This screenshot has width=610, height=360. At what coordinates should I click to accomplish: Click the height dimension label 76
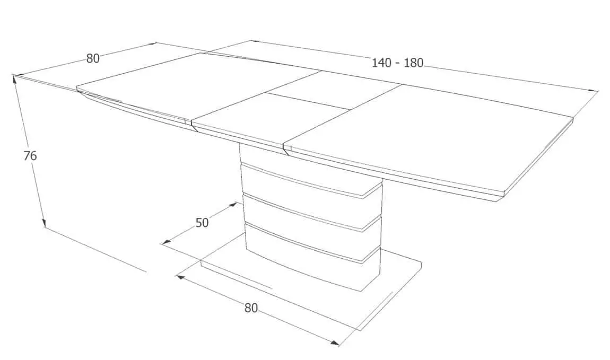[x=30, y=155]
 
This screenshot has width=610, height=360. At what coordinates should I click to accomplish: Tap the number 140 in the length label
[x=381, y=63]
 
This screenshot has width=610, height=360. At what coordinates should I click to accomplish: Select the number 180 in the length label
[x=413, y=63]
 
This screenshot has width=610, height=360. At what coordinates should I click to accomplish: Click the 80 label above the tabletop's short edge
[x=93, y=58]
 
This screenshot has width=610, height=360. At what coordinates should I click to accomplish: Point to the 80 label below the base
[x=251, y=308]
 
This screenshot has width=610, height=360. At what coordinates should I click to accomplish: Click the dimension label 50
[x=202, y=223]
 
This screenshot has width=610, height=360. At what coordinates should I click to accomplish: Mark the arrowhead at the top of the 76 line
[x=15, y=79]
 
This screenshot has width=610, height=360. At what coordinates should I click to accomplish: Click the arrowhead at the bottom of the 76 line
[x=43, y=223]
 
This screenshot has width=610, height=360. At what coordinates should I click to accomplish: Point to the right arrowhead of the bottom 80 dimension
[x=335, y=343]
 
